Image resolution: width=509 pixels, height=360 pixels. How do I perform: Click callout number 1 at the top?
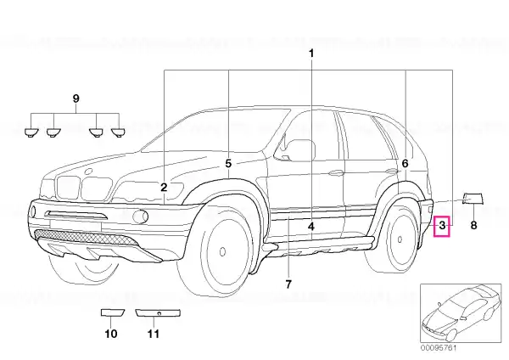coord(311,53)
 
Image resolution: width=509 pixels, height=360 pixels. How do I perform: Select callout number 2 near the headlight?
coord(164,187)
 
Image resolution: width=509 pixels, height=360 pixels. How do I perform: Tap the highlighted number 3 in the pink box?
coord(442,225)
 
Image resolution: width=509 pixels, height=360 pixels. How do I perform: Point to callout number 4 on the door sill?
coord(311,227)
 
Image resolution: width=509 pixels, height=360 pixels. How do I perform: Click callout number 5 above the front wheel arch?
coord(228,163)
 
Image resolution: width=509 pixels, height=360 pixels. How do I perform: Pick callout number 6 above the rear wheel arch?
coord(406,163)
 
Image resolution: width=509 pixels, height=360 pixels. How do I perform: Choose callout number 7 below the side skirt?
coord(288,284)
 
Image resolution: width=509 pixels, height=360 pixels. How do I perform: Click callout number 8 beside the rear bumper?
coord(473,225)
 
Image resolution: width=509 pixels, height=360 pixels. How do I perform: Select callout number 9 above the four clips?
coord(76,98)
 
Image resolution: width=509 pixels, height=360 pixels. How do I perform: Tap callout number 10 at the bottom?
coord(110,334)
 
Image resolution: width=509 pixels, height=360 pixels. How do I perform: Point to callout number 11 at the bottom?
coord(154,334)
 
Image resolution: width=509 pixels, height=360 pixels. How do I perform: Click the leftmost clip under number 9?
coord(31,132)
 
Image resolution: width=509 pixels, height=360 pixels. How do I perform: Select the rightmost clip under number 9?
coord(118,132)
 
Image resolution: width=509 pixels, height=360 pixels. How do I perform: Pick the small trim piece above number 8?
coord(473,199)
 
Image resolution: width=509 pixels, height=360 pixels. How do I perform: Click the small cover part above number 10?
coord(112,312)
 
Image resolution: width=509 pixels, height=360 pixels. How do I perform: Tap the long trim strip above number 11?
coord(158,313)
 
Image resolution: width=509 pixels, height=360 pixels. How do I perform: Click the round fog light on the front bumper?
coord(141,216)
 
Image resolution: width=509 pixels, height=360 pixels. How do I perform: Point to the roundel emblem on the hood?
coord(88,172)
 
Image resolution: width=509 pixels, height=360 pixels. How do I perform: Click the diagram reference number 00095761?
coord(439,348)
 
